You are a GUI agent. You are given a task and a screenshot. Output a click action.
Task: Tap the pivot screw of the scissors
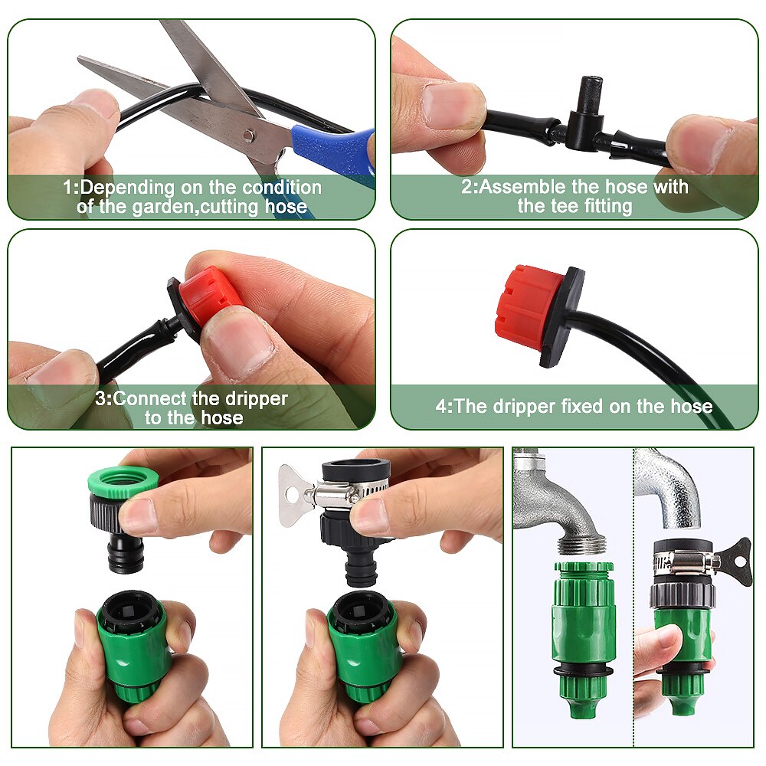pos(247,135)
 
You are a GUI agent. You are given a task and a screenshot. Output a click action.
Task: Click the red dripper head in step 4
pos(529,303)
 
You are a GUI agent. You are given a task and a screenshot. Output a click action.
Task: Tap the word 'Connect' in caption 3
pos(149,398)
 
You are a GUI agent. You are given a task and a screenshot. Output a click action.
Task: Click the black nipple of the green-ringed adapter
pos(126,552)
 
